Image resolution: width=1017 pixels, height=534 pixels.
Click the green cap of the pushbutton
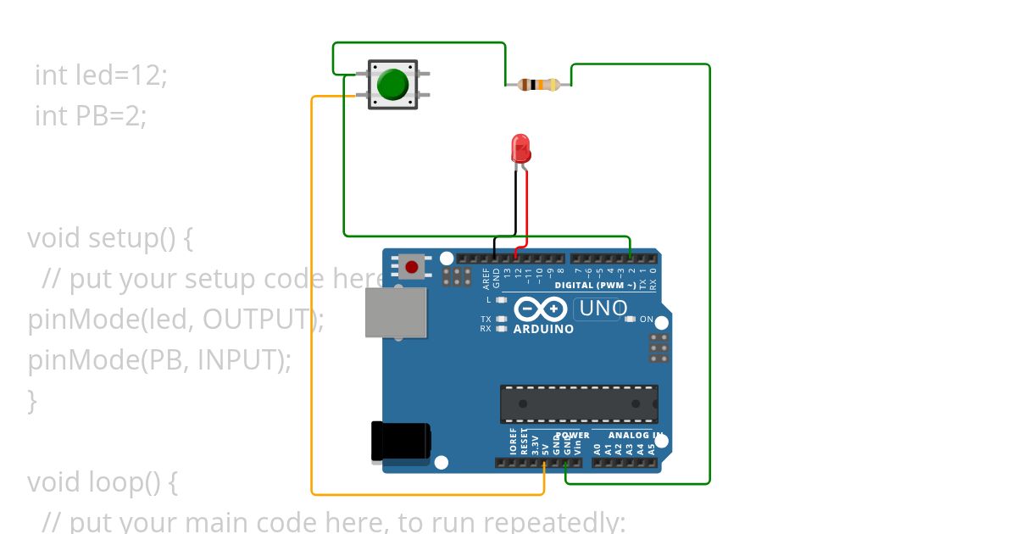392,84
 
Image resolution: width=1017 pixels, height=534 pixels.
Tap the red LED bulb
520,149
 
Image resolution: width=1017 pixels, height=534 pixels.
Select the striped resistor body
538,84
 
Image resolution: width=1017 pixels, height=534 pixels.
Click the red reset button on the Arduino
412,267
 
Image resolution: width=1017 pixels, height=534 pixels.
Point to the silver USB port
395,312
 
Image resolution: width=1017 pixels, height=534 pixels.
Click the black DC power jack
399,442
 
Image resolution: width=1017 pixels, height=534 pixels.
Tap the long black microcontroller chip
579,403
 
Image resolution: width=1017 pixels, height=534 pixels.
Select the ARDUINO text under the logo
543,329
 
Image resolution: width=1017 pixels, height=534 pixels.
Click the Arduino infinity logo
542,309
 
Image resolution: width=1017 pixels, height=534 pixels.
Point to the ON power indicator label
647,320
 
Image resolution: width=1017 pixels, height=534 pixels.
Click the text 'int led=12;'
101,75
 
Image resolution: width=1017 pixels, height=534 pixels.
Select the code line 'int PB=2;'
91,115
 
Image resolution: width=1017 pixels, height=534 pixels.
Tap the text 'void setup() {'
110,238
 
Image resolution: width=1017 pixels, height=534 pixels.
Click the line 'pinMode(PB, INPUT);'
159,360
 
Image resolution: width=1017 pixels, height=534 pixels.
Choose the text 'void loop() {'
103,482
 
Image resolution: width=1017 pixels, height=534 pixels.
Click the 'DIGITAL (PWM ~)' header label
595,286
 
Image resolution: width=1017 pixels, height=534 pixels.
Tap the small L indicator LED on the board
501,300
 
